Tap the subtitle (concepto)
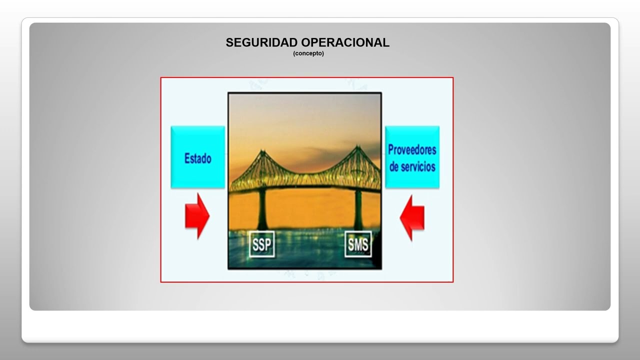click(308, 53)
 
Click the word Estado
click(198, 158)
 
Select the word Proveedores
click(412, 149)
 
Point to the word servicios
click(418, 166)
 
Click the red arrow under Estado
click(197, 216)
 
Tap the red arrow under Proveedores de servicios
click(412, 217)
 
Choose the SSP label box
click(262, 244)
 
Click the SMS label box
click(358, 244)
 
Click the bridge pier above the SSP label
click(261, 210)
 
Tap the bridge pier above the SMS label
click(358, 210)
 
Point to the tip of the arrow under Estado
click(208, 216)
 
